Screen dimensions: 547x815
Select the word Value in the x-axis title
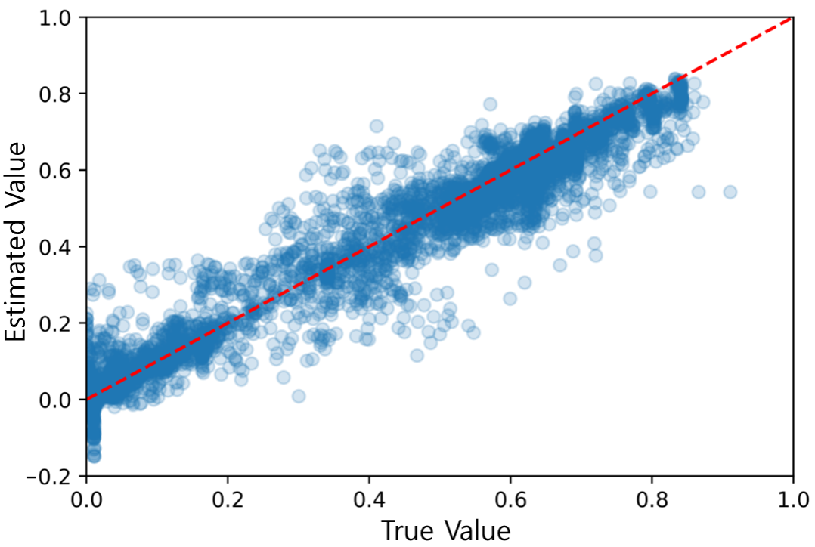click(x=476, y=530)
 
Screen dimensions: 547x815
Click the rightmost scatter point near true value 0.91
click(x=730, y=192)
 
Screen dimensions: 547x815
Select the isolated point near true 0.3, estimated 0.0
click(x=299, y=396)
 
